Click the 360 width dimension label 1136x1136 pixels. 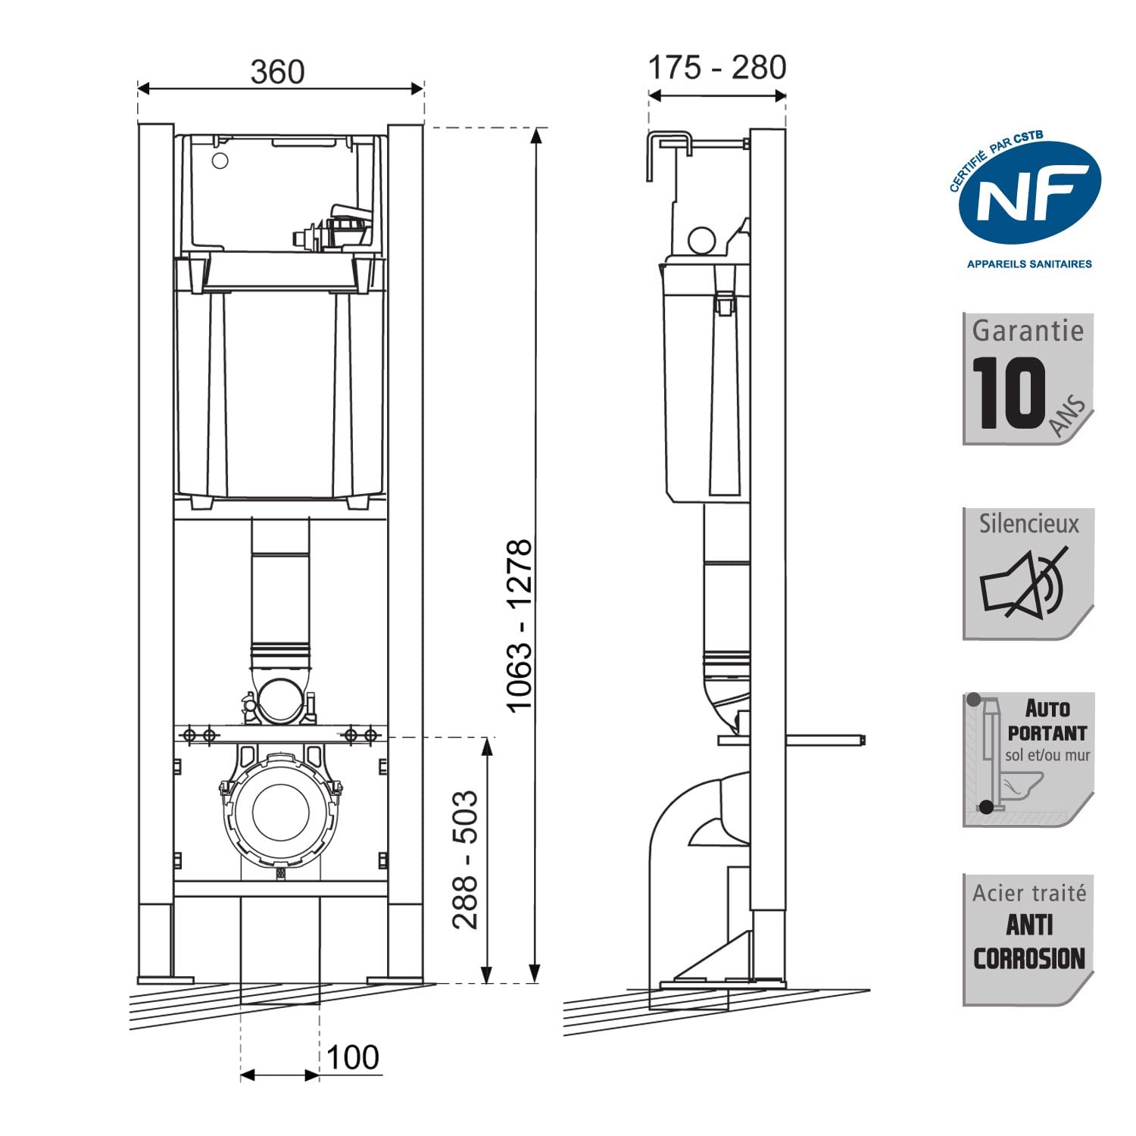(x=278, y=72)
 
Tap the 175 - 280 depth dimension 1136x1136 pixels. (x=717, y=67)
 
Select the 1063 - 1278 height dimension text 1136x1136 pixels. (x=520, y=626)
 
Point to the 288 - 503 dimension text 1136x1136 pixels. (x=465, y=860)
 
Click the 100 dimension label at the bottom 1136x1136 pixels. (x=353, y=1057)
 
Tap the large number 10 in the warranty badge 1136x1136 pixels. (x=1010, y=393)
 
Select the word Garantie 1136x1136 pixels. (x=1028, y=331)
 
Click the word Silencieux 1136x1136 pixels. (x=1028, y=524)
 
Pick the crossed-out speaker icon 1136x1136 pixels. (x=1022, y=583)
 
